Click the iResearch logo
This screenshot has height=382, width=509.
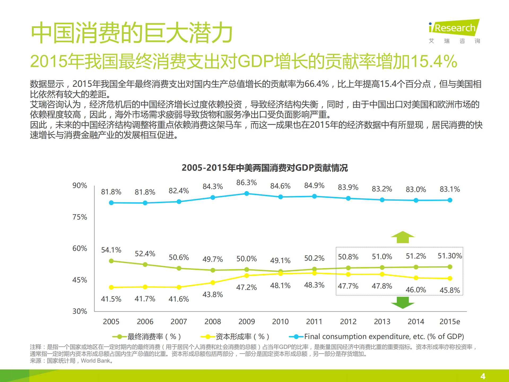454,28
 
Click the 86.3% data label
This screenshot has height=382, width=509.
246,183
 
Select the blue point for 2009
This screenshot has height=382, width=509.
247,194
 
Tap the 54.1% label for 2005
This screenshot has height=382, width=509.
111,250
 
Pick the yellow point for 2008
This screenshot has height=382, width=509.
213,282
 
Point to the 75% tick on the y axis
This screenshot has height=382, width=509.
80,217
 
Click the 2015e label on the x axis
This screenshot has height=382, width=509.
450,321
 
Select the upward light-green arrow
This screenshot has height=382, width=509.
403,237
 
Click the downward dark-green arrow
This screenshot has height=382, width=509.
403,303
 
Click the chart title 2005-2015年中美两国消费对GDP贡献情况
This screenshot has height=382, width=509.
264,168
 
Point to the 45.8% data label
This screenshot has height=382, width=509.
450,290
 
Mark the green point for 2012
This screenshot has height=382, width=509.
348,268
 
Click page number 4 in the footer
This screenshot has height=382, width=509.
483,376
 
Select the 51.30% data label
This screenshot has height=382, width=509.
450,256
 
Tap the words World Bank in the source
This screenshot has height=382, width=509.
95,361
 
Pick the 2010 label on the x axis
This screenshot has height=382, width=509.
280,321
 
